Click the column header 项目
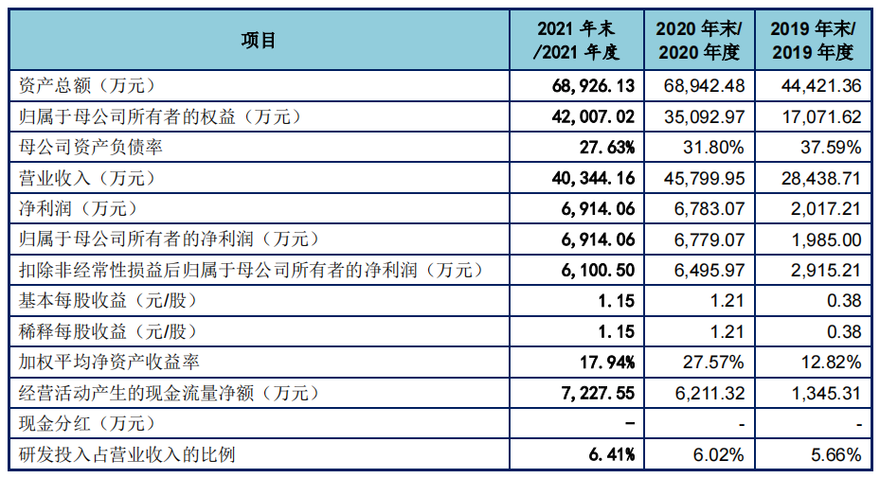pyautogui.click(x=258, y=40)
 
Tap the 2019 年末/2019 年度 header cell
pyautogui.click(x=813, y=40)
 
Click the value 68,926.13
pyautogui.click(x=592, y=86)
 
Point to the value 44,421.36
pyautogui.click(x=821, y=86)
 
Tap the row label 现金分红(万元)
pyautogui.click(x=86, y=424)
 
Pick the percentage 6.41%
pyautogui.click(x=611, y=454)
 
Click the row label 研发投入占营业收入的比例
pyautogui.click(x=126, y=454)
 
